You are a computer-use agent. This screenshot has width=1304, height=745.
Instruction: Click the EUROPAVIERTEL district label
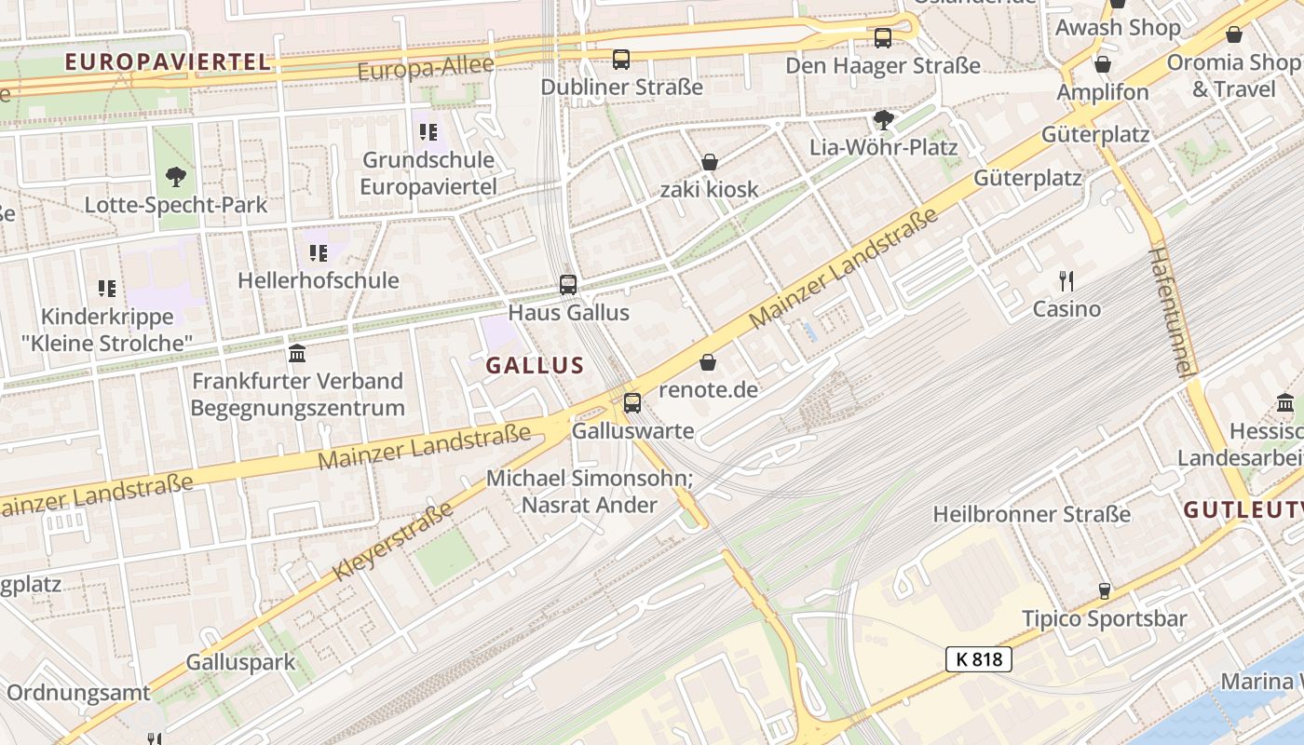tap(169, 62)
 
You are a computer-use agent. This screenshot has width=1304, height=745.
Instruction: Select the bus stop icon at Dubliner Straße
tap(621, 60)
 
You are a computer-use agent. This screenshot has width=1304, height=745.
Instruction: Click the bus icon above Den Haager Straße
tap(882, 38)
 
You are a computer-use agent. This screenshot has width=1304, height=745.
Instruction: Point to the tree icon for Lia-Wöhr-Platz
tap(883, 120)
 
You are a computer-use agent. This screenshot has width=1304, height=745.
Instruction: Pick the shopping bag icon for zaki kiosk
tap(710, 163)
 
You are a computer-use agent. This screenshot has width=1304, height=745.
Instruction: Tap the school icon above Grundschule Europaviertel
tap(428, 132)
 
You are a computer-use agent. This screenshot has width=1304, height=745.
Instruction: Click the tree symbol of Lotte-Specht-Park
tap(175, 177)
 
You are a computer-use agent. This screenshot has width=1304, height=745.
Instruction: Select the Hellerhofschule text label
tap(318, 280)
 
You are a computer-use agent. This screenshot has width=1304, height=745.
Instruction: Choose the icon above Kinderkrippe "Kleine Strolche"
tap(107, 290)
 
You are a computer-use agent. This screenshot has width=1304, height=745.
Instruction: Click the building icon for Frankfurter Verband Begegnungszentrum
tap(297, 354)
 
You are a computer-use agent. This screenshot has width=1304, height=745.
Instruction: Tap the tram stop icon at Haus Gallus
tap(568, 285)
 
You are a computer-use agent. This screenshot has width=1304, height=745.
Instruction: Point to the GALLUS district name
tap(535, 366)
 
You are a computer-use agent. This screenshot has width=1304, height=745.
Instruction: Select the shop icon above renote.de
tap(709, 362)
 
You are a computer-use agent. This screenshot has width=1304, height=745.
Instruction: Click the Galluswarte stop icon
tap(632, 403)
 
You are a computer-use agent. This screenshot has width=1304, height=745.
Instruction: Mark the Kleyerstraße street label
tap(392, 541)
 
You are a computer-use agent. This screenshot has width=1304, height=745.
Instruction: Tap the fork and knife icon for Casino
tap(1066, 280)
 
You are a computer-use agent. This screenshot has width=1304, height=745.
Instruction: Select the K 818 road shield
tap(979, 659)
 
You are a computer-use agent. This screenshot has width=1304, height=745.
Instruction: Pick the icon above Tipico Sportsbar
tap(1104, 591)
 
